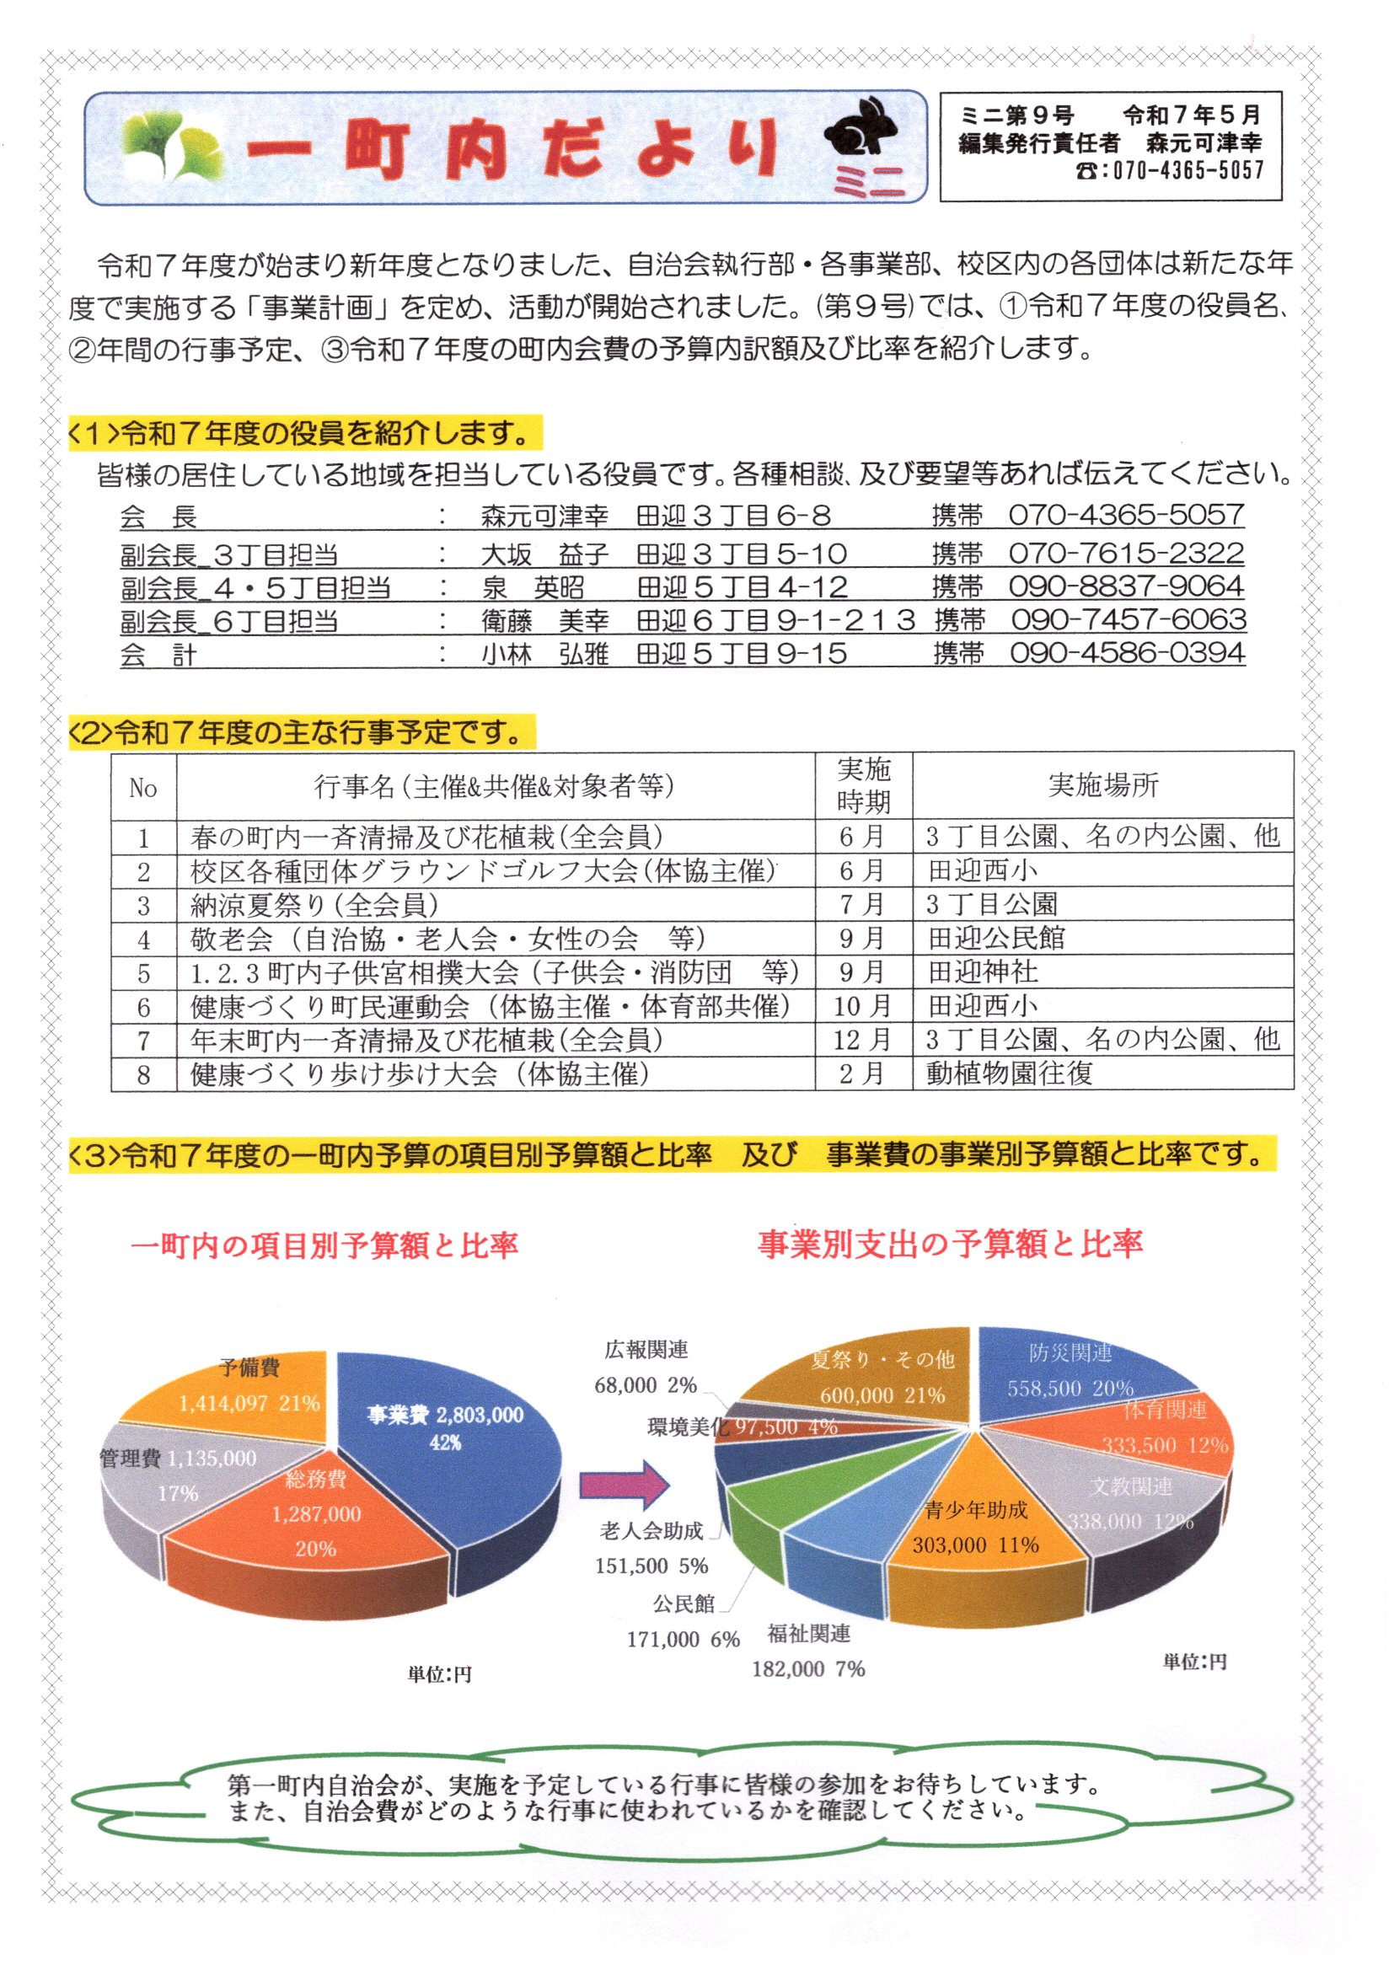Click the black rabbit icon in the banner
tap(862, 134)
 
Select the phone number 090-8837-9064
tap(1125, 587)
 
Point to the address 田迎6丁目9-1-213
tap(776, 620)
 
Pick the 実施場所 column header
tap(1102, 784)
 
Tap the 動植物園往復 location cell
tap(1010, 1073)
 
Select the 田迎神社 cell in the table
tap(983, 972)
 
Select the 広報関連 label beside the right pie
tap(646, 1350)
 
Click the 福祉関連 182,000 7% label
tap(808, 1651)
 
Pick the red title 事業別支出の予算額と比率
tap(949, 1244)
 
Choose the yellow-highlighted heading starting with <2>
tap(300, 733)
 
